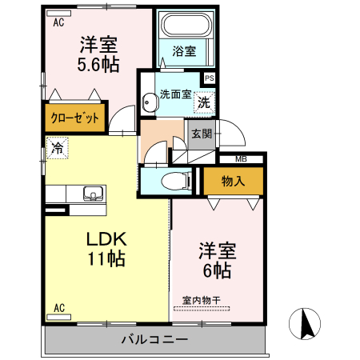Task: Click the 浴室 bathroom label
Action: (184, 52)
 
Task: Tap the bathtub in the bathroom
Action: (185, 26)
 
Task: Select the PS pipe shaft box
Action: (209, 78)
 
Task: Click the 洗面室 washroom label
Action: (175, 94)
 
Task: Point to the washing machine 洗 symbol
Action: (204, 102)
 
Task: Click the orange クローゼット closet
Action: (75, 118)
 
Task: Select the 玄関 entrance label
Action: (201, 134)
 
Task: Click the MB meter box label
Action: (241, 159)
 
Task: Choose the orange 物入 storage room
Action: (232, 182)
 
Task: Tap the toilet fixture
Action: (173, 182)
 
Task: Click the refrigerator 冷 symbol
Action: (56, 148)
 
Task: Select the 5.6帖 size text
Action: (99, 65)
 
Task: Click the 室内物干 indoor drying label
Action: (206, 301)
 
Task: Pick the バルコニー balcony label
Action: (154, 339)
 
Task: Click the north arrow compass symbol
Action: (306, 324)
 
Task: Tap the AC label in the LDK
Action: (58, 307)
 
